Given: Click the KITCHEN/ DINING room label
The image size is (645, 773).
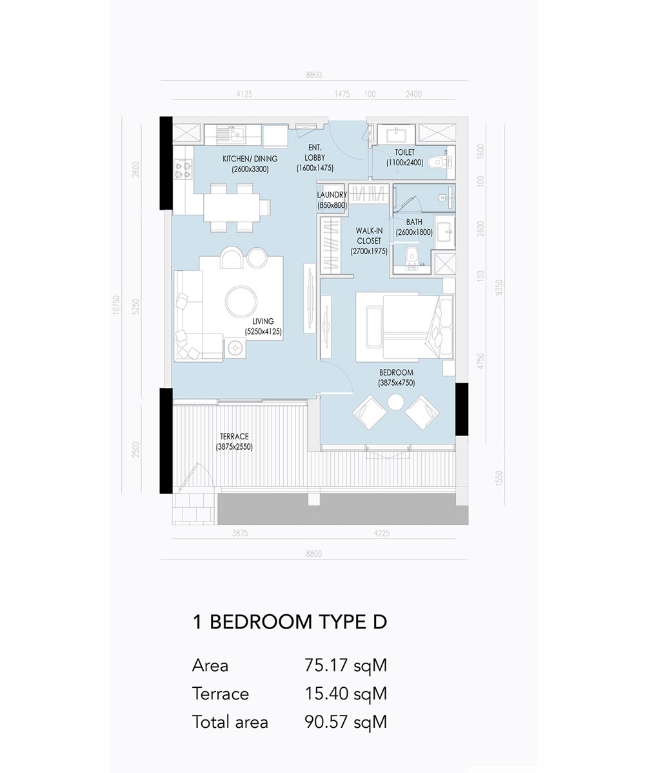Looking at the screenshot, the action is (250, 164).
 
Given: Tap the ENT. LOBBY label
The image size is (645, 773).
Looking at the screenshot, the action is (315, 157).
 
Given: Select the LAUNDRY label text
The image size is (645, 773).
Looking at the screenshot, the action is (332, 200).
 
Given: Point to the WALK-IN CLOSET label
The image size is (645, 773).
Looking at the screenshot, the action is (369, 241).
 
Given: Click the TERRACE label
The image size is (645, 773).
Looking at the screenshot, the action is (234, 442).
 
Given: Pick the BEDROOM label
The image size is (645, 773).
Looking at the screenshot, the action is (396, 377).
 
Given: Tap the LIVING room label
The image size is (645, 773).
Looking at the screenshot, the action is (263, 326).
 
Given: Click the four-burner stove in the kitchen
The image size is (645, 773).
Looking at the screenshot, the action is (183, 168).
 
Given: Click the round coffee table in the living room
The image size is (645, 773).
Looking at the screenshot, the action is (241, 301).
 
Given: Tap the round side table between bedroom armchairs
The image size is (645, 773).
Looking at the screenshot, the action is (395, 403).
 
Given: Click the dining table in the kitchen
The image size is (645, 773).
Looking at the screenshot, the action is (232, 207).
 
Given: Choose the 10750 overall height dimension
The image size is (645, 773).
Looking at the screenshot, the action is (116, 305).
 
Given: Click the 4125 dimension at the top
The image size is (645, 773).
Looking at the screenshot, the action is (244, 94).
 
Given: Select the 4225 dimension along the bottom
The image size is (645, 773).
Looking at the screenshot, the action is (382, 533).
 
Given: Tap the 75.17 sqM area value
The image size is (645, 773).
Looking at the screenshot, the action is (346, 665).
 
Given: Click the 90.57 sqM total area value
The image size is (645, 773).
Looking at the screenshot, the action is (346, 722).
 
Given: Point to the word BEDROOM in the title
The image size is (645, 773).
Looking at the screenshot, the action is (261, 621).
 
